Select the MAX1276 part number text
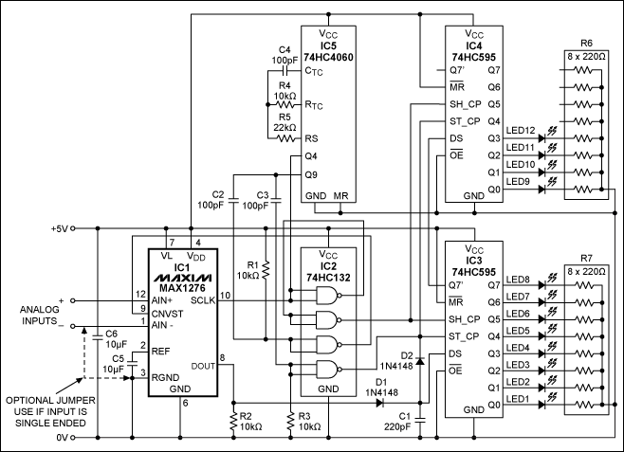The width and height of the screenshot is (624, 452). [181, 286]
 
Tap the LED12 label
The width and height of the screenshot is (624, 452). [523, 130]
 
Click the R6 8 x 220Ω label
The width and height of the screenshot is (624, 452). [585, 49]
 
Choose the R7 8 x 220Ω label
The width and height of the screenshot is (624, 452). [585, 263]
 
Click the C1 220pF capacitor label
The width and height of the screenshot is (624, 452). [397, 422]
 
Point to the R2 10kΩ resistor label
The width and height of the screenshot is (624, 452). [250, 422]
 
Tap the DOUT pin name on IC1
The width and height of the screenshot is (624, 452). [202, 365]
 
